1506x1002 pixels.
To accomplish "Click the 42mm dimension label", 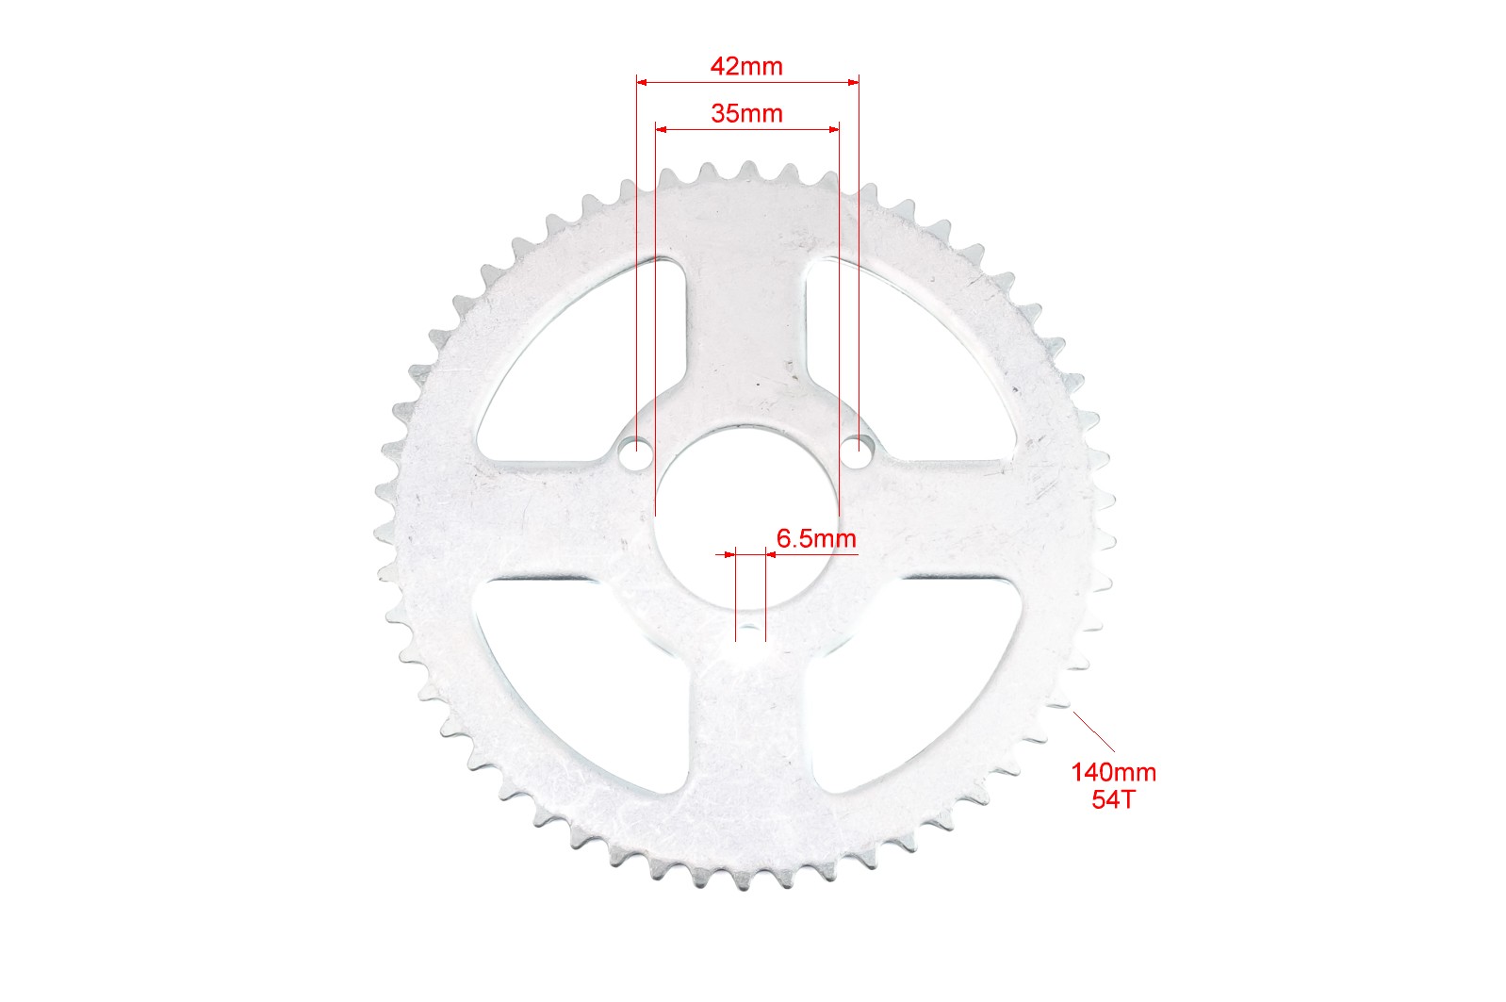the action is (747, 67).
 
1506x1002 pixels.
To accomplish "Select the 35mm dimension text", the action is (747, 114).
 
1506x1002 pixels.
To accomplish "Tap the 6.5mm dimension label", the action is (816, 538).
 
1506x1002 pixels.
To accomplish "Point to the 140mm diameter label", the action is (1113, 772).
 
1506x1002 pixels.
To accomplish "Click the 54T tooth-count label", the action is (1113, 799).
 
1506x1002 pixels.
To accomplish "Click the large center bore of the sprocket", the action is (747, 517).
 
